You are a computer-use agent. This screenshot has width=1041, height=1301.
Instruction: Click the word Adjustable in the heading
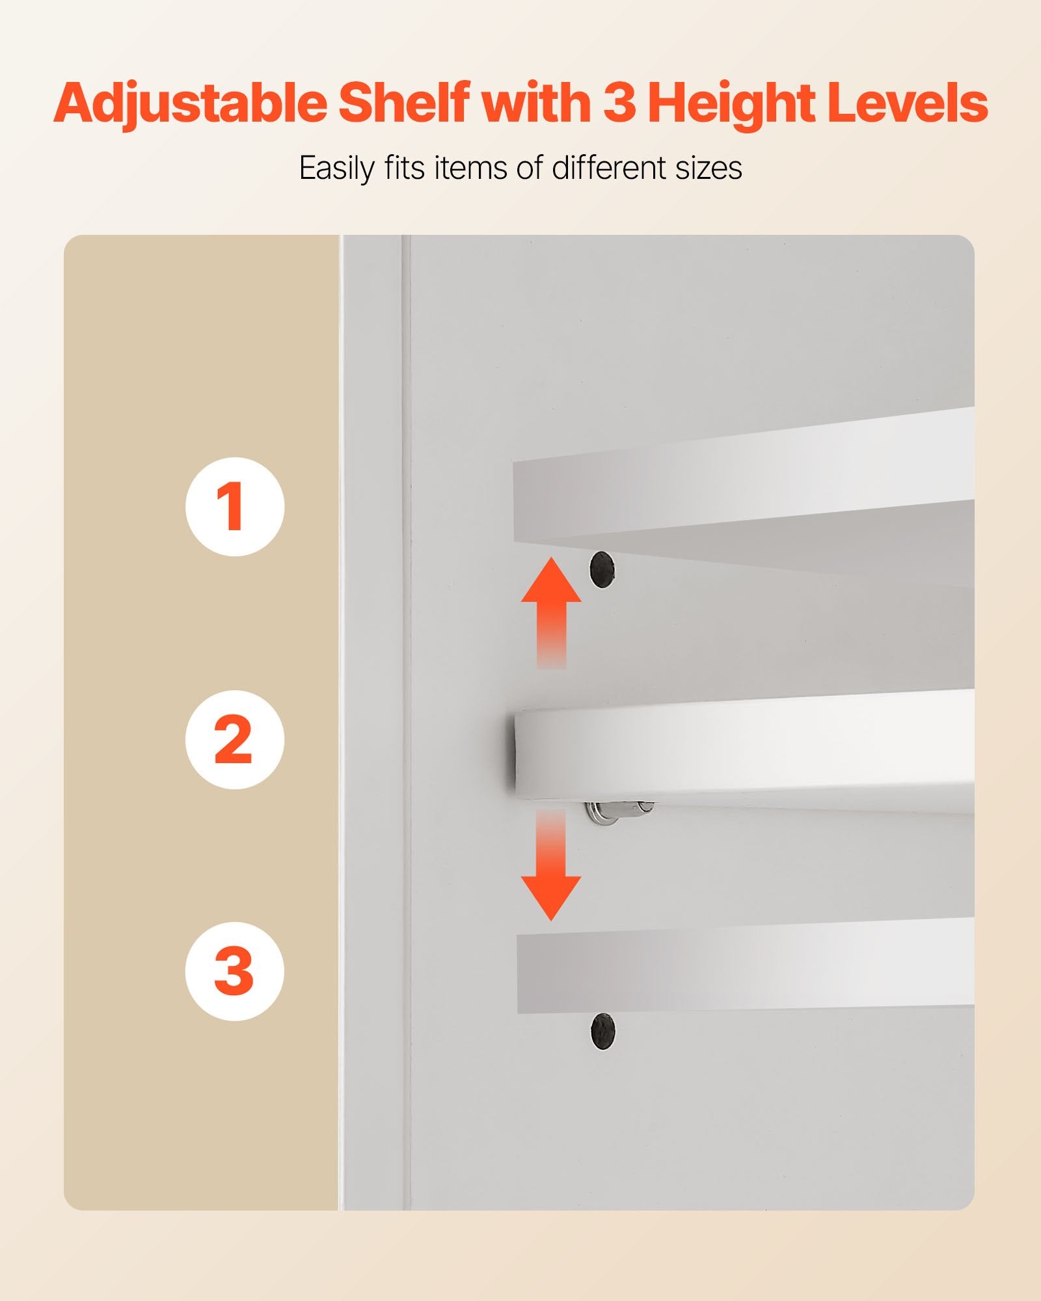coord(190,104)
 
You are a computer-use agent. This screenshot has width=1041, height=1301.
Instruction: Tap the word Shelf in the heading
coord(403,103)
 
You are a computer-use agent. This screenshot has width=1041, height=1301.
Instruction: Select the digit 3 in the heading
coord(619,103)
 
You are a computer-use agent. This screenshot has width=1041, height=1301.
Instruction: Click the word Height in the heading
coord(731,104)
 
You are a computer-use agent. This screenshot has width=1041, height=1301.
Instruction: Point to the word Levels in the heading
coord(907,103)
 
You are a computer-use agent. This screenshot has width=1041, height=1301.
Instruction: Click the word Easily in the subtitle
coord(336,168)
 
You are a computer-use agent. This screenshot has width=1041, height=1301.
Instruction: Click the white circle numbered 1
coord(235,507)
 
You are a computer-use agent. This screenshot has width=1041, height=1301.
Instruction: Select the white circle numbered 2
coord(235,740)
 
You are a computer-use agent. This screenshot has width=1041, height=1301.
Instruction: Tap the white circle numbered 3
coord(235,971)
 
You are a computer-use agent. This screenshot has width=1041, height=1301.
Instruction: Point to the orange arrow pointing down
coord(551,865)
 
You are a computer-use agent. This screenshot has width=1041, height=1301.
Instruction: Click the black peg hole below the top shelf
coord(602,569)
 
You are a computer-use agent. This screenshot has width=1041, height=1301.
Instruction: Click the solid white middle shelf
coord(742,751)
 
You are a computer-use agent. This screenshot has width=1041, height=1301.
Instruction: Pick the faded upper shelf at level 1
coord(742,494)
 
